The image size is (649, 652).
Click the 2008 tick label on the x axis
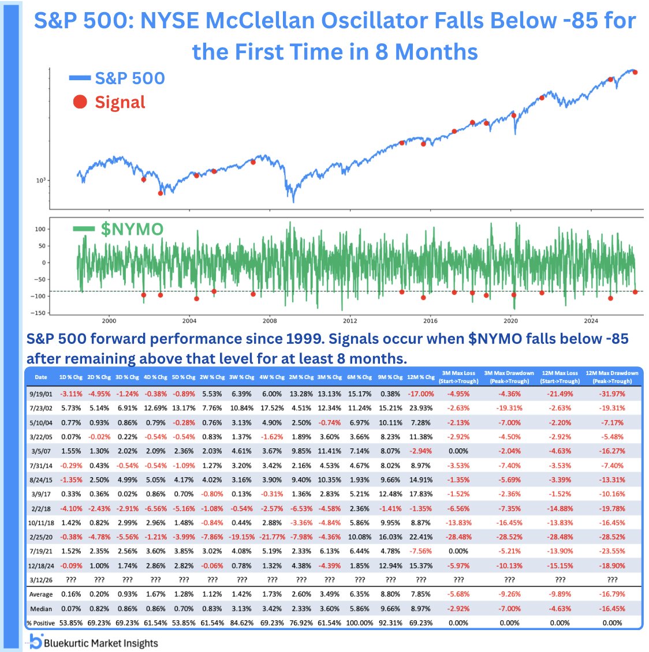click(x=270, y=321)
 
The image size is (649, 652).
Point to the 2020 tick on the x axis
click(x=510, y=321)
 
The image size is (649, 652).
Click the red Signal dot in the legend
click(x=80, y=102)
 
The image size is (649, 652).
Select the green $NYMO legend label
click(x=132, y=229)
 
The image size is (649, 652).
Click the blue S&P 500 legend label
click(x=130, y=78)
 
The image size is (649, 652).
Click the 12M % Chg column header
click(x=421, y=377)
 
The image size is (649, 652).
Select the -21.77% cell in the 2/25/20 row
click(x=273, y=537)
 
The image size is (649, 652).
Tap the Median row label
click(x=41, y=609)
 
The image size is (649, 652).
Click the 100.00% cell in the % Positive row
click(x=359, y=623)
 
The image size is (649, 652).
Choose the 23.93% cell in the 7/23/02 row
click(x=421, y=409)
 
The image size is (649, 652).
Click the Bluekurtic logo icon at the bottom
click(x=35, y=642)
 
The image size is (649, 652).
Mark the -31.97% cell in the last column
click(x=612, y=394)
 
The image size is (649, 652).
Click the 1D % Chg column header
click(x=71, y=377)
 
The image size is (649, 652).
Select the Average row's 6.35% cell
click(x=359, y=594)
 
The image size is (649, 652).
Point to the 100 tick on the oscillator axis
click(x=40, y=229)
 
